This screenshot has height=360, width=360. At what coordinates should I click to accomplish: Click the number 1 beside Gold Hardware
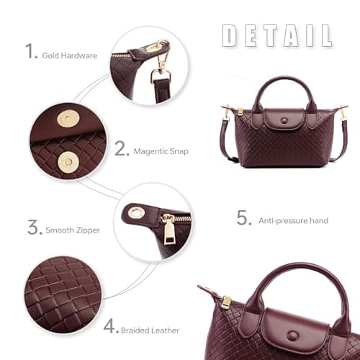tap(30, 51)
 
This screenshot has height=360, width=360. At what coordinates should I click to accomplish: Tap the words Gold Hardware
tap(70, 55)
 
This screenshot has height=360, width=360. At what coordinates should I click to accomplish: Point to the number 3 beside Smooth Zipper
tap(34, 228)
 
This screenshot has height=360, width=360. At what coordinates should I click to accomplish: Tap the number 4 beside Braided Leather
tap(110, 325)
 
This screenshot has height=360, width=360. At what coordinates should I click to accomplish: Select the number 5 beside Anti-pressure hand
tap(244, 217)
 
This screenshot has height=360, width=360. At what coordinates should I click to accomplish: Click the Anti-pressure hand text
tap(293, 221)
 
